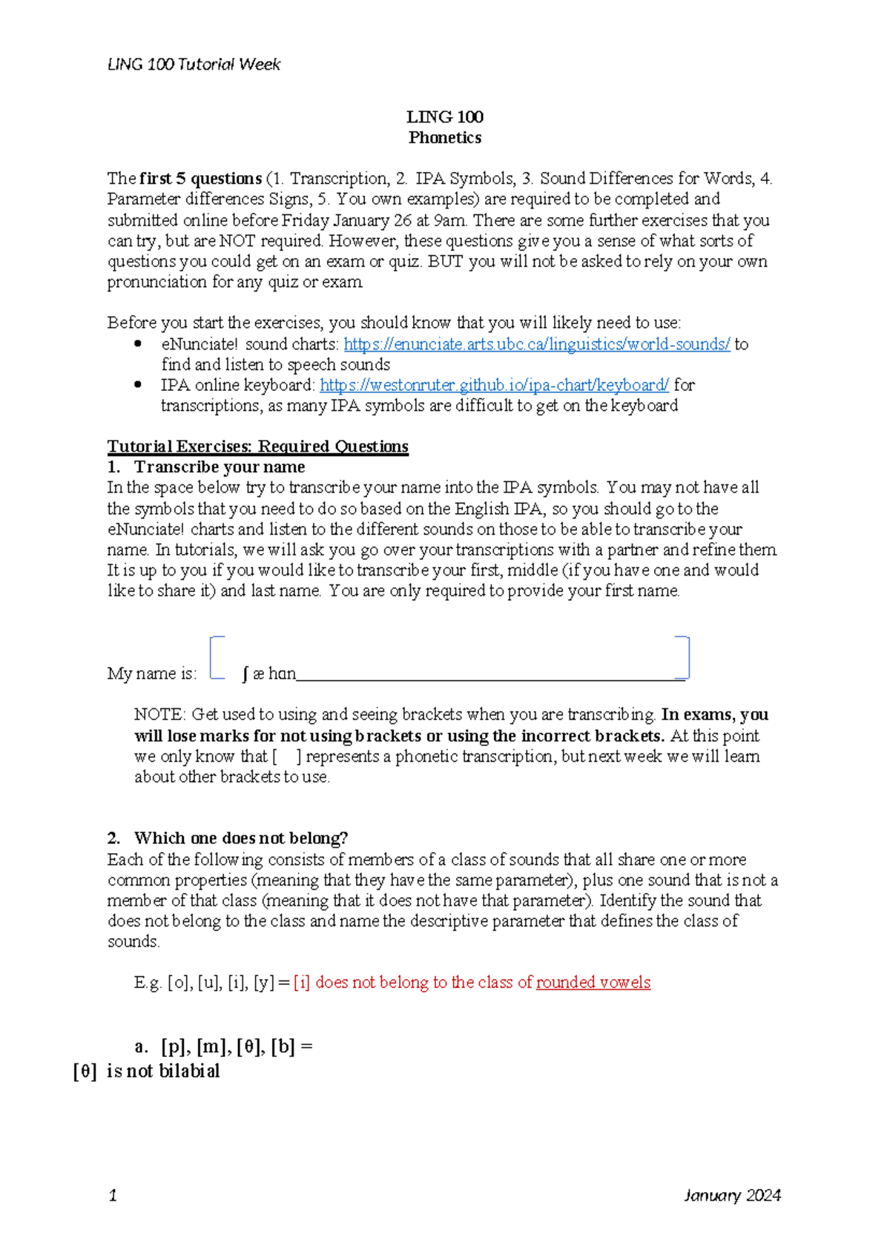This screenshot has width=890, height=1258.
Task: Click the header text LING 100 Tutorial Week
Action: click(x=194, y=65)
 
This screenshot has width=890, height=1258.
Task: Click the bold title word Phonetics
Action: click(x=444, y=138)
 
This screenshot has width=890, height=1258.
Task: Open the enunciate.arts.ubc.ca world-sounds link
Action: click(x=537, y=344)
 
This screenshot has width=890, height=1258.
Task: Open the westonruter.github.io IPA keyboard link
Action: click(x=494, y=385)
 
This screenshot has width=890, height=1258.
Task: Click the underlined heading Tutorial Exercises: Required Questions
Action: click(x=257, y=447)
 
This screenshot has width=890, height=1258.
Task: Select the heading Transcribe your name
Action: click(x=219, y=467)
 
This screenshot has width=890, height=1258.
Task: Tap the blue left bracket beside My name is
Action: click(x=215, y=657)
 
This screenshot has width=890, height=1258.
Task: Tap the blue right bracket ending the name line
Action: click(x=684, y=657)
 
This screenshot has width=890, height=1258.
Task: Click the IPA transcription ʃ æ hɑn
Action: click(x=268, y=674)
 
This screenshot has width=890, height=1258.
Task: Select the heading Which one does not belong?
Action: click(x=240, y=838)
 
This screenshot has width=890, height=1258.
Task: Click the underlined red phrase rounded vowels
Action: click(x=593, y=983)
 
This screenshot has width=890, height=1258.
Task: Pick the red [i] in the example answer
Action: click(x=301, y=983)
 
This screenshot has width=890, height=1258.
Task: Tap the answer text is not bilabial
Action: click(x=163, y=1071)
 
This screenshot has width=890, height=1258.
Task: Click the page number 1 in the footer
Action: click(x=113, y=1195)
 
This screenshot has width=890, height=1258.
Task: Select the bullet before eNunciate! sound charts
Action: click(x=138, y=343)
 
